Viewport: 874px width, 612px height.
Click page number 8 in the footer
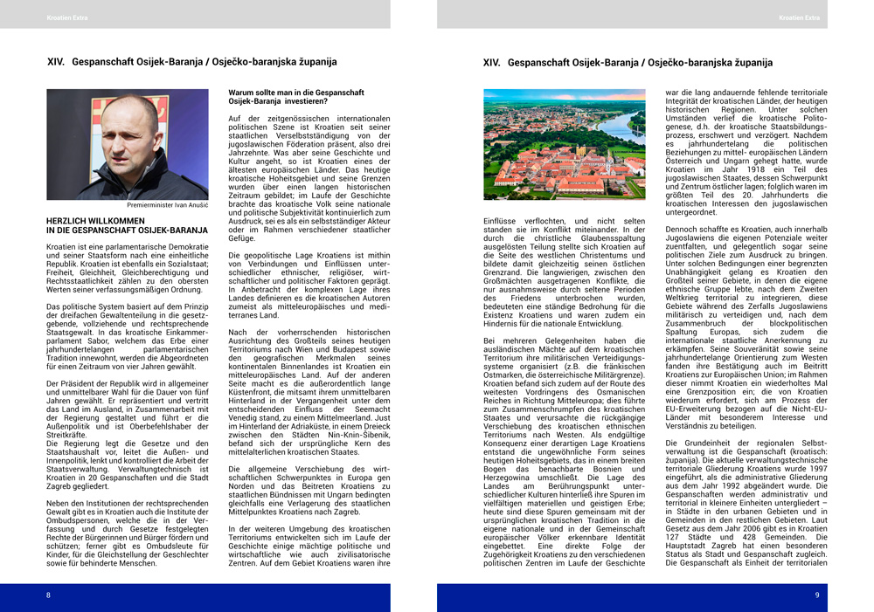(x=49, y=595)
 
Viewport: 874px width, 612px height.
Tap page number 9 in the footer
(x=816, y=595)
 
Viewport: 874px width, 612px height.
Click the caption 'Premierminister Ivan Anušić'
(x=168, y=205)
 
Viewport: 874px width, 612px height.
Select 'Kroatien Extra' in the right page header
(x=799, y=17)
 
